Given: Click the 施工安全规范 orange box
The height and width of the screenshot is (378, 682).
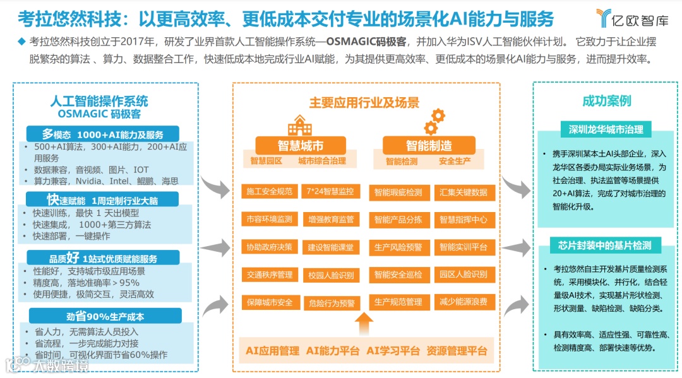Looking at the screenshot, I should [x=270, y=191].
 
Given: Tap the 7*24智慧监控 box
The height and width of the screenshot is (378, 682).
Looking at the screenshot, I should [x=330, y=191].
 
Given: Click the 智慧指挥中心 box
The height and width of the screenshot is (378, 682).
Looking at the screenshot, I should [x=464, y=220].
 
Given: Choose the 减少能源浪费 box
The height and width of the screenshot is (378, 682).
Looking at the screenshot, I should [x=464, y=302].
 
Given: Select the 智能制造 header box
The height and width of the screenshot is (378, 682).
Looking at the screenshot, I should [x=429, y=146].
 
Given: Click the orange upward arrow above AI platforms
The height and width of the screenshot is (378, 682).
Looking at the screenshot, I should [x=364, y=324].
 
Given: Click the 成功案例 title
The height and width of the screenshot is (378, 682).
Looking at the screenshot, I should [x=606, y=101].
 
